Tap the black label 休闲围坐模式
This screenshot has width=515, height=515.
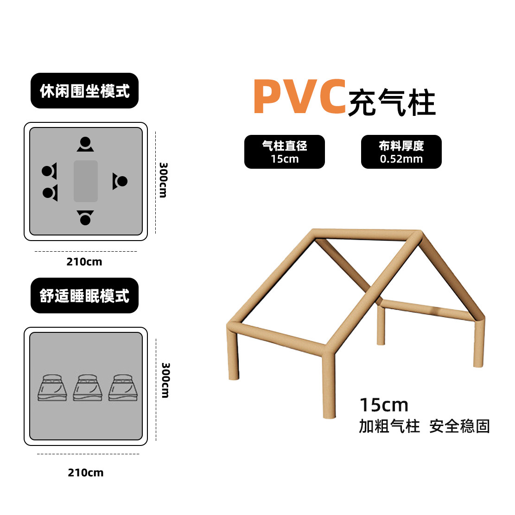[x=84, y=91]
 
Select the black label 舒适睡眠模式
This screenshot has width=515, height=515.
[x=84, y=296]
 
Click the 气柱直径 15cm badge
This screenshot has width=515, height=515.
[x=284, y=152]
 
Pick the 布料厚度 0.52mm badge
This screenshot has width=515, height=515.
[x=401, y=152]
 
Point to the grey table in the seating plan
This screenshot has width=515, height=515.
[x=86, y=181]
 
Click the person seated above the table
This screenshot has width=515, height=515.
[x=85, y=144]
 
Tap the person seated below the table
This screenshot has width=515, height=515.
[x=85, y=217]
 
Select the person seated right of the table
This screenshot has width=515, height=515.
[x=120, y=181]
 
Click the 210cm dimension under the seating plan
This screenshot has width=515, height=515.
[x=84, y=262]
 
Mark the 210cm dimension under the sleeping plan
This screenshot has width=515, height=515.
[x=86, y=473]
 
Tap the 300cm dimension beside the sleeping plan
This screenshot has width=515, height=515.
[x=165, y=380]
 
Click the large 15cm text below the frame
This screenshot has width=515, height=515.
[x=384, y=405]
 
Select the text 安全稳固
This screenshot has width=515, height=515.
[x=459, y=426]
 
